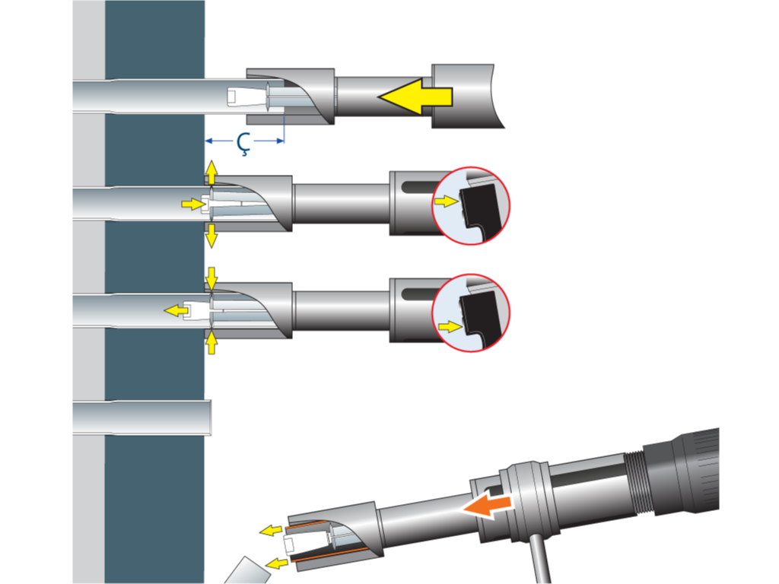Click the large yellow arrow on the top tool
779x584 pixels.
pyautogui.click(x=415, y=97)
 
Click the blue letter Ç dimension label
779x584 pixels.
pyautogui.click(x=243, y=143)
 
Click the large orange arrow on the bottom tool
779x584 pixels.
pyautogui.click(x=487, y=506)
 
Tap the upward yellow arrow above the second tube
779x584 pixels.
pyautogui.click(x=211, y=173)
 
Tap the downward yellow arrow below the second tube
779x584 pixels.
pyautogui.click(x=211, y=236)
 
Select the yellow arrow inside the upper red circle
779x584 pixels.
pyautogui.click(x=446, y=201)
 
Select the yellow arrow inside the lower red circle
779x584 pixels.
pyautogui.click(x=450, y=327)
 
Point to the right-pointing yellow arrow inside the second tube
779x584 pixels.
pyautogui.click(x=193, y=204)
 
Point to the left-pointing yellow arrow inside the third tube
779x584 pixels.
pyautogui.click(x=176, y=311)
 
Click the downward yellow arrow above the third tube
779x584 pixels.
pyautogui.click(x=211, y=279)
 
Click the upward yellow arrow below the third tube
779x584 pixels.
pyautogui.click(x=211, y=343)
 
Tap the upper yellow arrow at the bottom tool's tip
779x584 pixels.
pyautogui.click(x=271, y=530)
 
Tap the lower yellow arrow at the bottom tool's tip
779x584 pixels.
pyautogui.click(x=277, y=563)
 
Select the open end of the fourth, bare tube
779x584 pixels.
pyautogui.click(x=210, y=417)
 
